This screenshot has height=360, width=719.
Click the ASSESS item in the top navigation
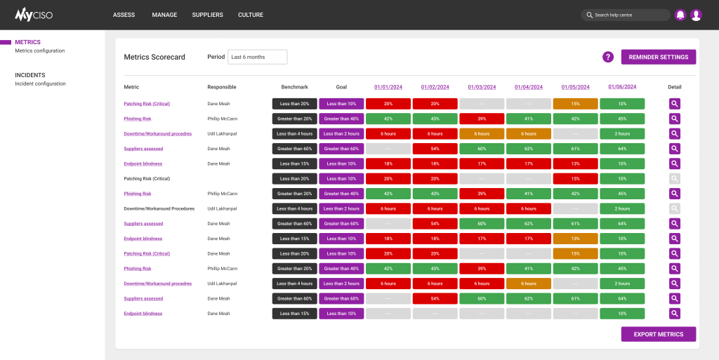[124, 15]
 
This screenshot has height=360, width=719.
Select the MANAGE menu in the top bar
[164, 15]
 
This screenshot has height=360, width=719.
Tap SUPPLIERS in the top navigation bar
[207, 15]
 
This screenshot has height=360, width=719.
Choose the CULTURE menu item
[251, 15]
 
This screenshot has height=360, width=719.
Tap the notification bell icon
[680, 15]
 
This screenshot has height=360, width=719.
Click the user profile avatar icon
[696, 15]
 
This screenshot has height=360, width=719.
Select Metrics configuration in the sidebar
[39, 51]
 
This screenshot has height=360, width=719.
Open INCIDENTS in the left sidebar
[30, 75]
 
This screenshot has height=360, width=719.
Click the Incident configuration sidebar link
[40, 84]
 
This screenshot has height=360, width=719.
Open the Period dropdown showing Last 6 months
[257, 57]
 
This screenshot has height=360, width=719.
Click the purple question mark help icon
[608, 57]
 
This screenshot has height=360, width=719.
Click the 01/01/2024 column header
[388, 87]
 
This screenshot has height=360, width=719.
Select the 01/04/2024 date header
[529, 87]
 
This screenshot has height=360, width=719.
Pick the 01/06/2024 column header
[622, 86]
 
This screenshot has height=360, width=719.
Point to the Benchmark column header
[294, 87]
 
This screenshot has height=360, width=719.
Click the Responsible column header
[222, 87]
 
